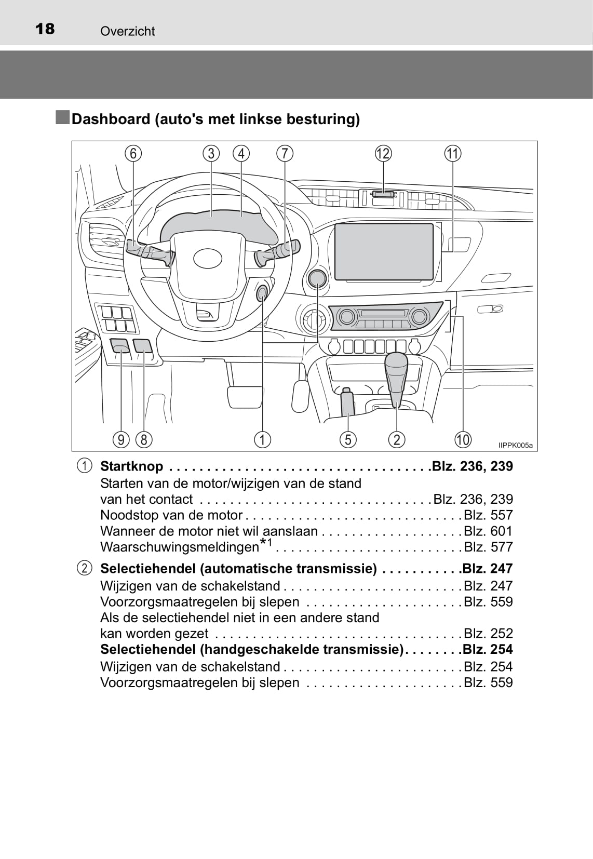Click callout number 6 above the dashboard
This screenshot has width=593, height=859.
pyautogui.click(x=133, y=154)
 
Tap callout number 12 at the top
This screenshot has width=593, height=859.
pyautogui.click(x=383, y=154)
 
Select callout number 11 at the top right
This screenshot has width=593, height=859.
pyautogui.click(x=453, y=154)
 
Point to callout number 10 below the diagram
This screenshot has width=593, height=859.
pyautogui.click(x=463, y=440)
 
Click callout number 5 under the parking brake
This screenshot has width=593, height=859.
pyautogui.click(x=348, y=440)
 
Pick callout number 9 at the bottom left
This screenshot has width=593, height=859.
pyautogui.click(x=121, y=440)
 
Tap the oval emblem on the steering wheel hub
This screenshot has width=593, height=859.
pyautogui.click(x=208, y=258)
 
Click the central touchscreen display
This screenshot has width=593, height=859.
pyautogui.click(x=384, y=252)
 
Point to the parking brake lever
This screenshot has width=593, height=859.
pyautogui.click(x=347, y=402)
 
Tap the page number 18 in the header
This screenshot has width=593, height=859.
pyautogui.click(x=45, y=29)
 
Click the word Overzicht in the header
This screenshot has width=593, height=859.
pyautogui.click(x=128, y=31)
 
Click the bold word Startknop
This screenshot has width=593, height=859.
pyautogui.click(x=131, y=466)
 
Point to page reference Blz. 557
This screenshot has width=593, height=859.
pyautogui.click(x=488, y=515)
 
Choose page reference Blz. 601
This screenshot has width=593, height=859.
pyautogui.click(x=488, y=531)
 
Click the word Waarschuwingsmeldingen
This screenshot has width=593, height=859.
pyautogui.click(x=179, y=547)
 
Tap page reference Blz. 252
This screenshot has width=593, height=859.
pyautogui.click(x=488, y=634)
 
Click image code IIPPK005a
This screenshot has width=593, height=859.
pyautogui.click(x=515, y=446)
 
